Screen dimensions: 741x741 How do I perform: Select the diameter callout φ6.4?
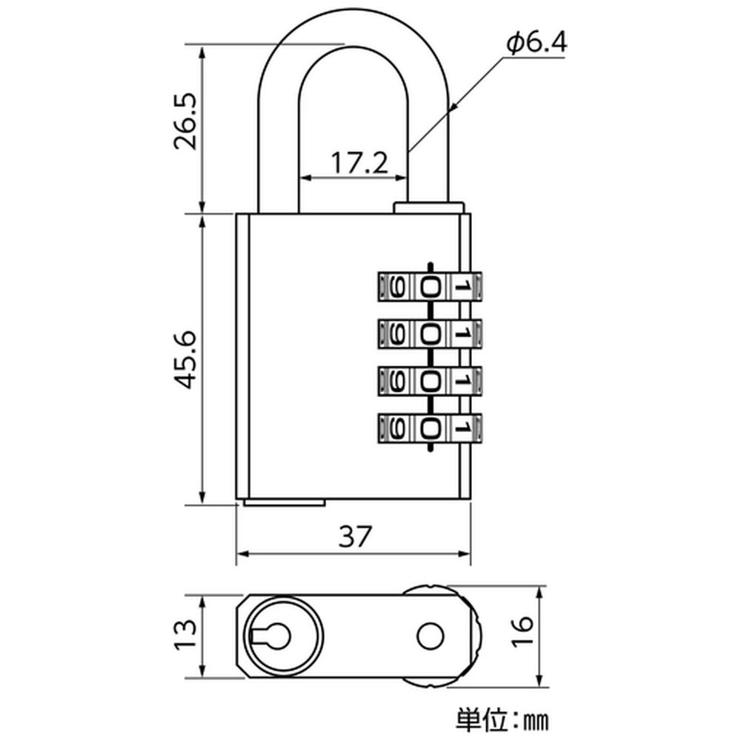[x=536, y=44]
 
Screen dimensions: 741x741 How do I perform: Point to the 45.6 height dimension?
[x=185, y=359]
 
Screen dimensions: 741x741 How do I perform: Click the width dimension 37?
[x=353, y=536]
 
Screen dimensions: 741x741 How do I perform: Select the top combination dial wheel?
[x=430, y=286]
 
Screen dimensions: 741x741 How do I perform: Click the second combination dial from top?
[x=430, y=333]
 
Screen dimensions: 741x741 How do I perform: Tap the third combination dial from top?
[x=430, y=380]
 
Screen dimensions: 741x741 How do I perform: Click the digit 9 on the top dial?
[x=397, y=286]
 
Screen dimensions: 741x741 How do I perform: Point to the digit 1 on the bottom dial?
[x=461, y=427]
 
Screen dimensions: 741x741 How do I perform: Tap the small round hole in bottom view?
[x=430, y=634]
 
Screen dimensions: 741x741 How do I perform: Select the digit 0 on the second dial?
[x=430, y=333]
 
